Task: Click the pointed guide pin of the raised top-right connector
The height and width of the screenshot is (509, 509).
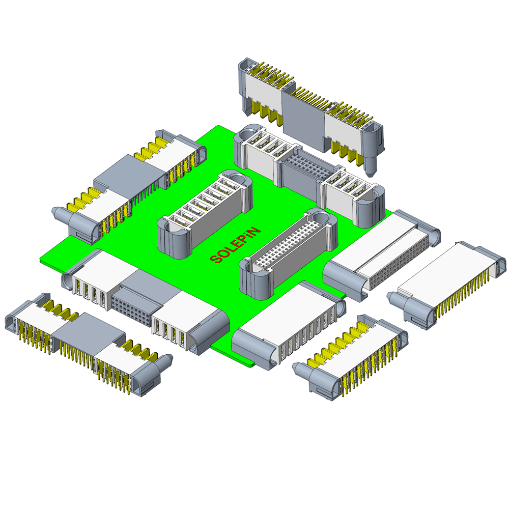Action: pyautogui.click(x=370, y=166)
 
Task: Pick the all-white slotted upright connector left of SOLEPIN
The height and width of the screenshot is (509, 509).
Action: pyautogui.click(x=205, y=214)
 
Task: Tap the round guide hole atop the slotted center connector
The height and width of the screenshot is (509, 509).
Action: pyautogui.click(x=239, y=179)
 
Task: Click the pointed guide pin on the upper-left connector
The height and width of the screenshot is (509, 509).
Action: pyautogui.click(x=60, y=214)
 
